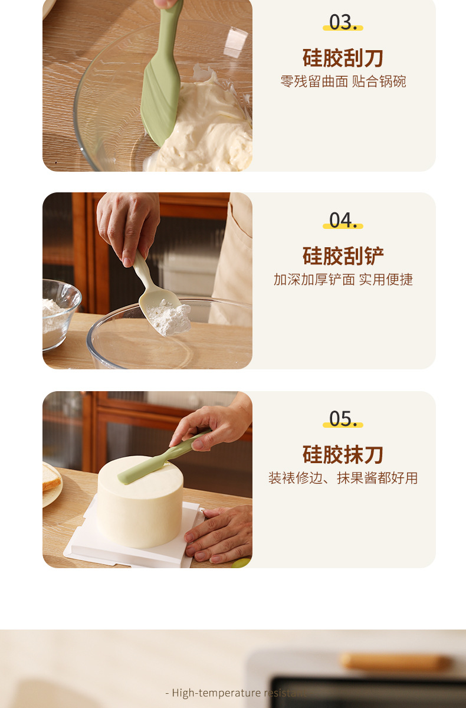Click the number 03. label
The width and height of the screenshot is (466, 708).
(x=343, y=22)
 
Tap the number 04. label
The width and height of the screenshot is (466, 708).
(x=343, y=220)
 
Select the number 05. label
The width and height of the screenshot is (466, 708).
(x=343, y=419)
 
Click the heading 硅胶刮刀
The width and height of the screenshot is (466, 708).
(x=343, y=58)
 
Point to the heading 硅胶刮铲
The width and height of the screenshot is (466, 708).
(x=343, y=256)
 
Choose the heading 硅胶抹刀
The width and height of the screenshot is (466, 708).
(x=343, y=454)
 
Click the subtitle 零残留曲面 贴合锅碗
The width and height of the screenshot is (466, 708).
(x=343, y=81)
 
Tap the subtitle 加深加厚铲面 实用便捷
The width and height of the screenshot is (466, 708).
(x=343, y=280)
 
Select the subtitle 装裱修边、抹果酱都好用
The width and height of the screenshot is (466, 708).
(x=343, y=478)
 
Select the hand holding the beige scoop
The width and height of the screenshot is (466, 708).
(x=129, y=224)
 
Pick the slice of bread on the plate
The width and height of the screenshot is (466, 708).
(x=51, y=477)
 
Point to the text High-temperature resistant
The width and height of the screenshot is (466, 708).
(x=236, y=693)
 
